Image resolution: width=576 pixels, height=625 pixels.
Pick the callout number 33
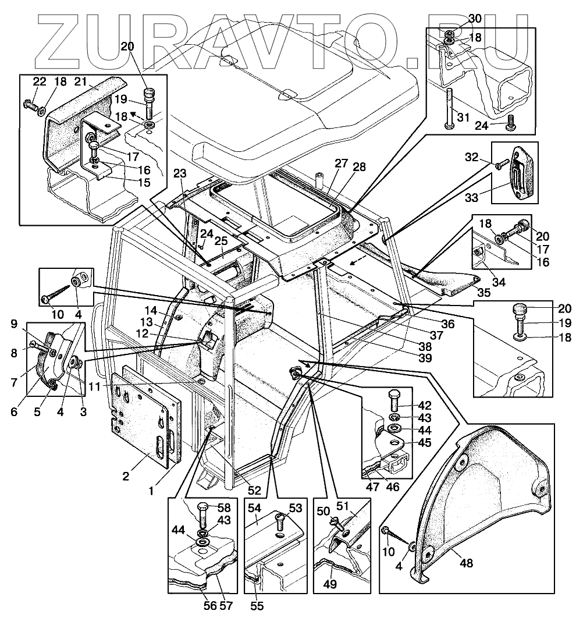click(472, 198)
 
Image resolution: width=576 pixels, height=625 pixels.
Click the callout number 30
click(475, 19)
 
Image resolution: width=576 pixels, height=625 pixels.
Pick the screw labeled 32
click(499, 166)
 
